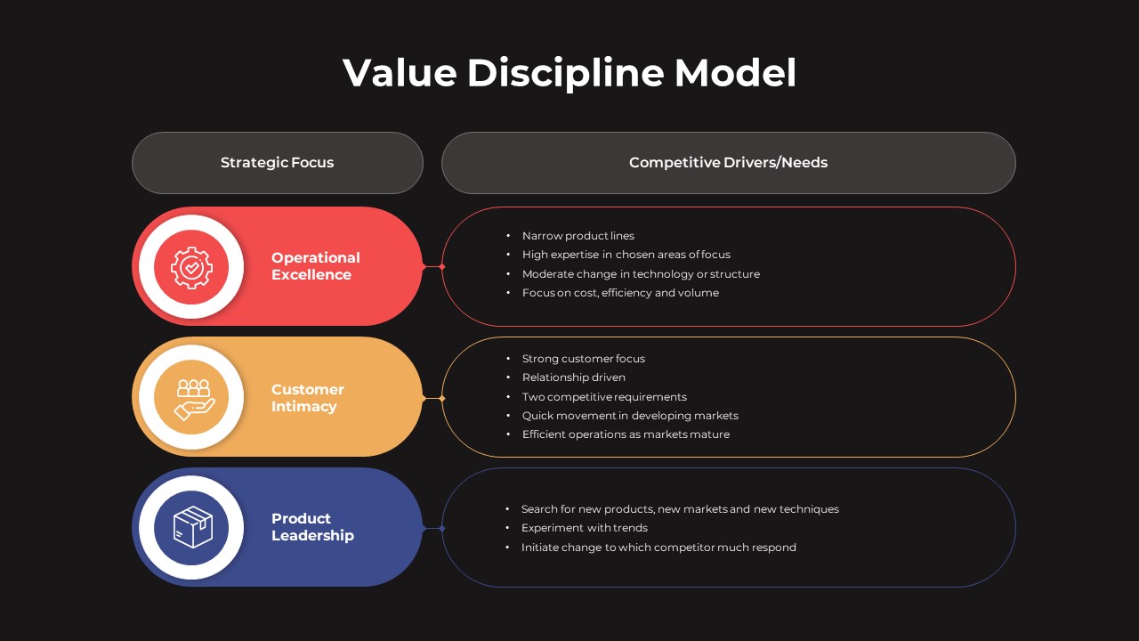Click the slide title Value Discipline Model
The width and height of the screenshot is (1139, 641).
(569, 72)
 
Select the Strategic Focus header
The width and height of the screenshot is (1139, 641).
(277, 163)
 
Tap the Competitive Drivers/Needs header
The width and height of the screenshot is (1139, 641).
(728, 163)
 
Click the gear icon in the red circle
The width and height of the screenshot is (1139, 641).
(191, 267)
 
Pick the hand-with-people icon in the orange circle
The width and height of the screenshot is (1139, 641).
(192, 398)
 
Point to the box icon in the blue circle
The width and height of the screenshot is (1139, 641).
(192, 527)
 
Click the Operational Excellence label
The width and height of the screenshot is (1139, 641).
(316, 266)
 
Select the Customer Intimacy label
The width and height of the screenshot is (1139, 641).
(307, 398)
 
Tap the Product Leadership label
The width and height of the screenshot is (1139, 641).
(312, 527)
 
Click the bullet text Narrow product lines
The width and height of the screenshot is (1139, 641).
(578, 236)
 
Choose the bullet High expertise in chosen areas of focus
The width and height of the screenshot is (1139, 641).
(626, 255)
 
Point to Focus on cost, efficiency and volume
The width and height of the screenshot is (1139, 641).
(620, 293)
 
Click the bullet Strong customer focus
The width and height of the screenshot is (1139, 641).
(584, 359)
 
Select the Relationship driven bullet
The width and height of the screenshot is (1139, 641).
(574, 377)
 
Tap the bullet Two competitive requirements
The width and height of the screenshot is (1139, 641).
(604, 397)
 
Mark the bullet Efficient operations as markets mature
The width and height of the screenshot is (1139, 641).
(626, 434)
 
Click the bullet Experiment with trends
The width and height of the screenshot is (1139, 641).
(585, 528)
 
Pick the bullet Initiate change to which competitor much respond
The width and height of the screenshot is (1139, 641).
(658, 548)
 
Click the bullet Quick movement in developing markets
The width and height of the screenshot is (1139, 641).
(630, 416)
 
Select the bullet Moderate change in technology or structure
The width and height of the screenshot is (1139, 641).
(641, 274)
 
